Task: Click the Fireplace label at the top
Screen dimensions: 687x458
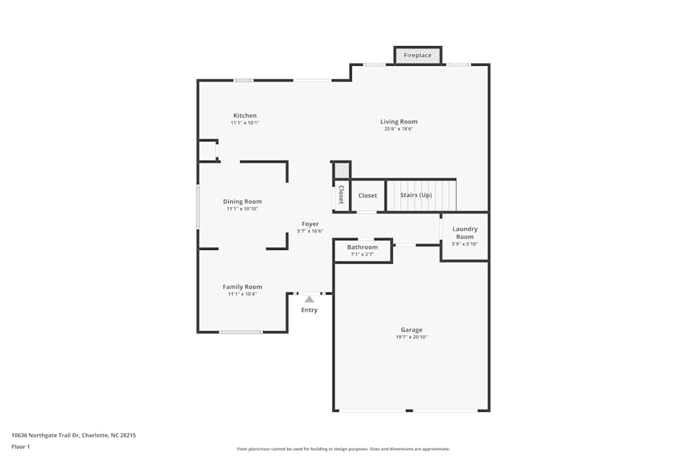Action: point(418,56)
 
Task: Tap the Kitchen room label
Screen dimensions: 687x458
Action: point(245,115)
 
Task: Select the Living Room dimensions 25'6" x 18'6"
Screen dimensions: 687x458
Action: point(398,128)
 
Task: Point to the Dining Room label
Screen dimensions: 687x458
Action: point(243,202)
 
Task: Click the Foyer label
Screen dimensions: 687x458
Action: point(311,224)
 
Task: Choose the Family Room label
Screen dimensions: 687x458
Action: point(243,287)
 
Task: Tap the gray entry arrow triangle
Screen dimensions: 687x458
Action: point(309,299)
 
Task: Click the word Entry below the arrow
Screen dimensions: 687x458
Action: point(309,310)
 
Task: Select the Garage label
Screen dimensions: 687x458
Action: point(412,330)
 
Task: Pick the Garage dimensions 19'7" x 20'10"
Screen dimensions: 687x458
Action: point(412,337)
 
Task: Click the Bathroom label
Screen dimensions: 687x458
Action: point(362,247)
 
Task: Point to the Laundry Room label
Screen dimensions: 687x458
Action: point(465,233)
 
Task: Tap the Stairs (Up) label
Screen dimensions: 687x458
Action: point(416,195)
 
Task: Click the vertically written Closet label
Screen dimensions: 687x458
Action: point(341,195)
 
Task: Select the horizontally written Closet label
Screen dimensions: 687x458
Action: point(368,196)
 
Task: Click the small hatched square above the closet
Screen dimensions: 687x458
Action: point(341,170)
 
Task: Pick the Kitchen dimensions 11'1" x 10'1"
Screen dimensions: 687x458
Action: point(245,123)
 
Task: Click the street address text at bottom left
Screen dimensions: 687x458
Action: point(74,435)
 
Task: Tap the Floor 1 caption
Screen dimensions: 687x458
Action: point(21,446)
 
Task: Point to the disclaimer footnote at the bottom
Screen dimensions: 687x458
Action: point(343,449)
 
